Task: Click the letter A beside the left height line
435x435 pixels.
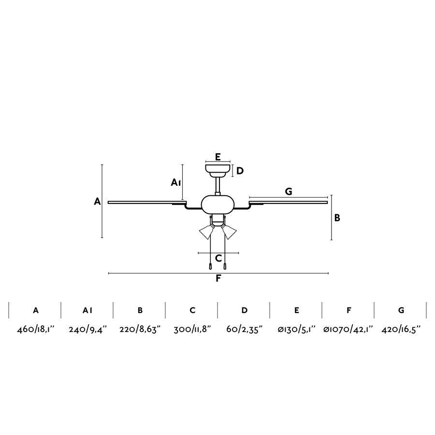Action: tap(97, 202)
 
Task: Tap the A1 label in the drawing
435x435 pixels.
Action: tap(176, 182)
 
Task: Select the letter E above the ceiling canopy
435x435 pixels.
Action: tap(218, 157)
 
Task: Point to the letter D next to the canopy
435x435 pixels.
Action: tap(240, 171)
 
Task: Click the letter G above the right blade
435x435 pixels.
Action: tap(289, 191)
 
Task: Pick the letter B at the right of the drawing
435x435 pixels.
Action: tap(337, 218)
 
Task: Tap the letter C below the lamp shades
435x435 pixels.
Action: tap(218, 258)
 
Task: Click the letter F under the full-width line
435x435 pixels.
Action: tap(218, 278)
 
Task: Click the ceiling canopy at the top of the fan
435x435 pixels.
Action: tap(218, 170)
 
